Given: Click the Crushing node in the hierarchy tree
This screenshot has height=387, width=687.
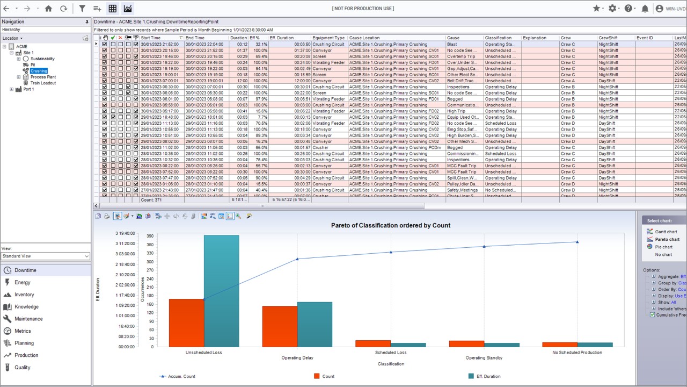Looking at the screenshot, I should pyautogui.click(x=39, y=71).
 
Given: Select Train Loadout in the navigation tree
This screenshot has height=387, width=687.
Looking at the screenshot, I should pyautogui.click(x=43, y=83).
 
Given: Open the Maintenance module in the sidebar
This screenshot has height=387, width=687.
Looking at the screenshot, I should pyautogui.click(x=28, y=319).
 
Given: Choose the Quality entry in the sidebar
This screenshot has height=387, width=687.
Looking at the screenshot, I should pyautogui.click(x=23, y=367).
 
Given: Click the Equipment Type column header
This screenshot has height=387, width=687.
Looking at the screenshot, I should pyautogui.click(x=328, y=38).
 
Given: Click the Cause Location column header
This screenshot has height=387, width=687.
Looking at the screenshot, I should pyautogui.click(x=364, y=38).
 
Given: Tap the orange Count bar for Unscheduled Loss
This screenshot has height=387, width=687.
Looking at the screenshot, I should pyautogui.click(x=186, y=322).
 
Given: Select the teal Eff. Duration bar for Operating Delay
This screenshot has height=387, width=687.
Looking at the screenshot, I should pyautogui.click(x=315, y=324).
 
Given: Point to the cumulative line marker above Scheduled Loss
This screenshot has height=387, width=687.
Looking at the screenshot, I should pyautogui.click(x=391, y=252).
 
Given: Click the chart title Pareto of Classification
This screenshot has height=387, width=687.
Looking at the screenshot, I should pyautogui.click(x=390, y=225).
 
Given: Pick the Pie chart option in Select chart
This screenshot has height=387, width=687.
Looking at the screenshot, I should pyautogui.click(x=663, y=247).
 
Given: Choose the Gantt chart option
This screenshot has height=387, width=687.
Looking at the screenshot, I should pyautogui.click(x=666, y=232).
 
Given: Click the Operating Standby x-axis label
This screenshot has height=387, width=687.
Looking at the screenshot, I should pyautogui.click(x=484, y=358).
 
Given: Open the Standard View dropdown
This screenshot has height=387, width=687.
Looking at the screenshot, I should pyautogui.click(x=46, y=256).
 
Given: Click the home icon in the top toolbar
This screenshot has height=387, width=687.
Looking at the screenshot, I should pyautogui.click(x=48, y=9).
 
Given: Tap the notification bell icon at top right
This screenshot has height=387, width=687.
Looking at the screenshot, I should pyautogui.click(x=645, y=9).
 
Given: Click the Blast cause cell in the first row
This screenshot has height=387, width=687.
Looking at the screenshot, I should pyautogui.click(x=452, y=44).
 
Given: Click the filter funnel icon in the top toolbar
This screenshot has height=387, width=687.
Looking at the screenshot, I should pyautogui.click(x=82, y=9).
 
